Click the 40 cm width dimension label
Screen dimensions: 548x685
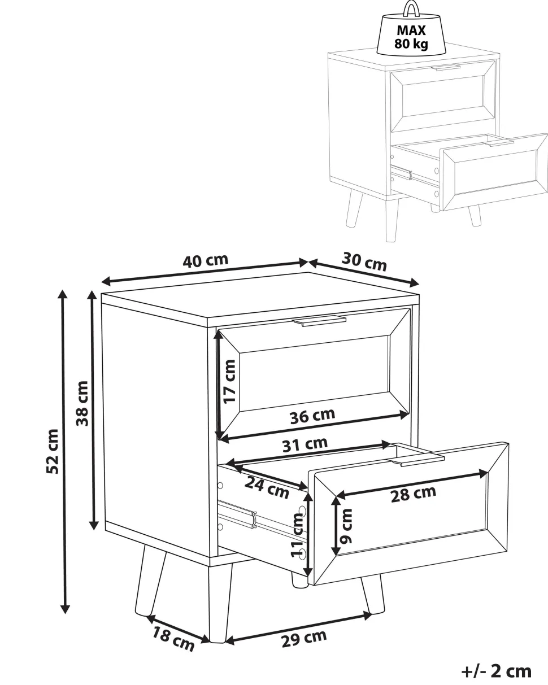pyautogui.click(x=206, y=260)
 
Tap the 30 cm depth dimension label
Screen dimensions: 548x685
pyautogui.click(x=364, y=261)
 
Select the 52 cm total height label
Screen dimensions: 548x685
pyautogui.click(x=53, y=451)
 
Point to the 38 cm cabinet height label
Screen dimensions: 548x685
pyautogui.click(x=82, y=403)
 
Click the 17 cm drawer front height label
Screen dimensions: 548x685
pyautogui.click(x=229, y=382)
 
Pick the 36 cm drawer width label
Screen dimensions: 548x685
pyautogui.click(x=312, y=416)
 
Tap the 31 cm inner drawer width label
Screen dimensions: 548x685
pyautogui.click(x=305, y=444)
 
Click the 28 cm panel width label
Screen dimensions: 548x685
pyautogui.click(x=413, y=494)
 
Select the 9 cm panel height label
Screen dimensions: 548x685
pyautogui.click(x=346, y=526)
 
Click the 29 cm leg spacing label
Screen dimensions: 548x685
pyautogui.click(x=304, y=638)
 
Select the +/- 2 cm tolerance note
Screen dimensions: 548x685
pyautogui.click(x=497, y=669)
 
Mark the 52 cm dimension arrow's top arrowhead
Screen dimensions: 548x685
pyautogui.click(x=63, y=295)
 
